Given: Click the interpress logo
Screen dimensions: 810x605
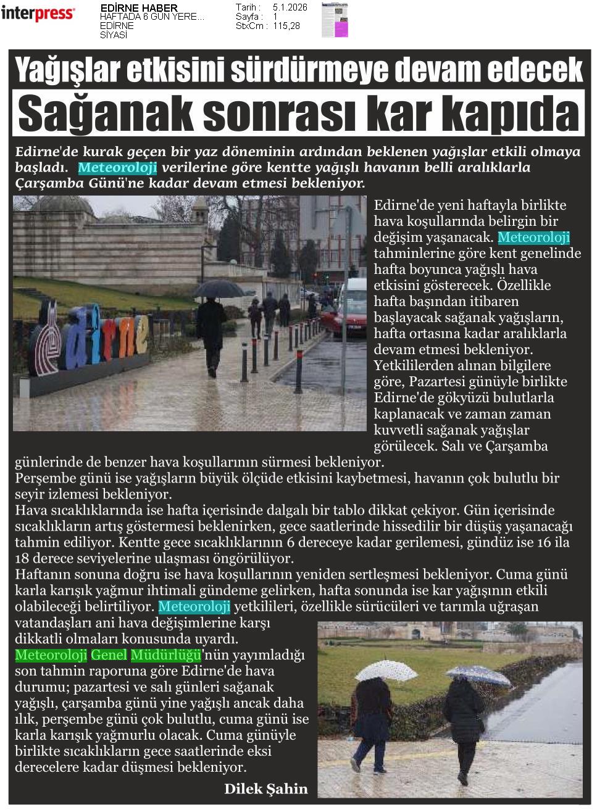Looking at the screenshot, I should click(38, 14).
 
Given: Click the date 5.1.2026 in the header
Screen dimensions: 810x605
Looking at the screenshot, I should click(290, 7).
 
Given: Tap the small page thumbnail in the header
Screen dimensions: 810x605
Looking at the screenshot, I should click(335, 20).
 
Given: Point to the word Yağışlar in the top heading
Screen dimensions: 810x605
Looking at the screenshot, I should click(67, 69).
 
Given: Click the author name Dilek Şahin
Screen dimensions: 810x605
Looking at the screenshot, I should click(265, 788).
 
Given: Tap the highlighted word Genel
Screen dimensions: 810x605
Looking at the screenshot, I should click(109, 655).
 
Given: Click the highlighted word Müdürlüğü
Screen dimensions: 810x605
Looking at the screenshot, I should click(165, 655).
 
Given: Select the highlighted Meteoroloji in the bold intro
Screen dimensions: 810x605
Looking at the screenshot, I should click(117, 168).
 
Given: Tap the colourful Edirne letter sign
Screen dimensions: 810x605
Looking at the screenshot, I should click(93, 337).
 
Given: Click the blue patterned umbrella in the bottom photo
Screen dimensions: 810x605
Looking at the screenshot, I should click(478, 675).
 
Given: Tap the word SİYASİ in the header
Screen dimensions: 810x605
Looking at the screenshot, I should click(114, 35).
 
